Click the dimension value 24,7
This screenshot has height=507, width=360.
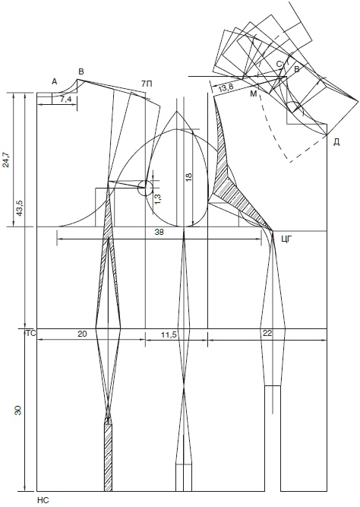pos(6,160)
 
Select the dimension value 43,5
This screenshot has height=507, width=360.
pos(19,208)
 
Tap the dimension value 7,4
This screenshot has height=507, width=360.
pos(65,100)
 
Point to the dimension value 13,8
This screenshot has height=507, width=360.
pos(226,87)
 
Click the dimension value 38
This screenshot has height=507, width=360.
pos(159,232)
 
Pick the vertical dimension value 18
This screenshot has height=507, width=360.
pos(189,176)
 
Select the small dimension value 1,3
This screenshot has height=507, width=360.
pos(158,198)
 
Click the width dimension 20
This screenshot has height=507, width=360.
pos(82,334)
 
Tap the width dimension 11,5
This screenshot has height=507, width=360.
pos(169,335)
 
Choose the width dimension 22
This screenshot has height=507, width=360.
pos(267,334)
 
